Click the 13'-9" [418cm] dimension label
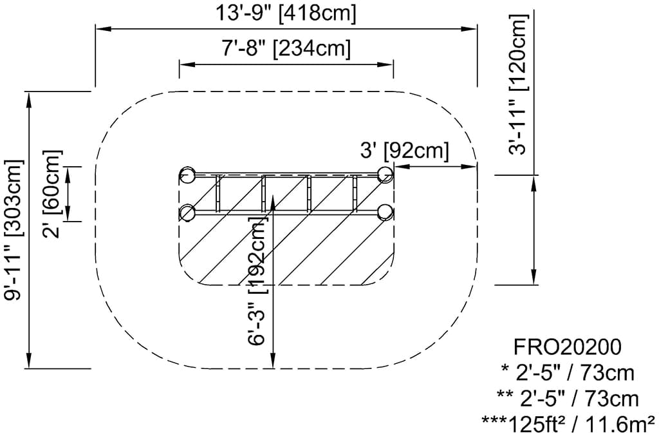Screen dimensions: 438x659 [x=286, y=14]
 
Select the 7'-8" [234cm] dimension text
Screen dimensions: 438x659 [x=286, y=50]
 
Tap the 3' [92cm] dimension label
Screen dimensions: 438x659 [x=405, y=151]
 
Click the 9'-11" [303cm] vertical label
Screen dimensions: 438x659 [x=14, y=229]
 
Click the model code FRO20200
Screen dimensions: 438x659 [x=568, y=347]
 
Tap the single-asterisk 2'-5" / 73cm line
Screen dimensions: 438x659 [x=568, y=372]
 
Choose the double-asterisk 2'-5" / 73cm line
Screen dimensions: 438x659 [x=568, y=398]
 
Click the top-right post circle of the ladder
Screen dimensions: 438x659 [x=385, y=174]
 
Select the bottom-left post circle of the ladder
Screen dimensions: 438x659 [x=187, y=212]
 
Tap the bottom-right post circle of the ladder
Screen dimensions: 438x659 [x=385, y=212]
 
